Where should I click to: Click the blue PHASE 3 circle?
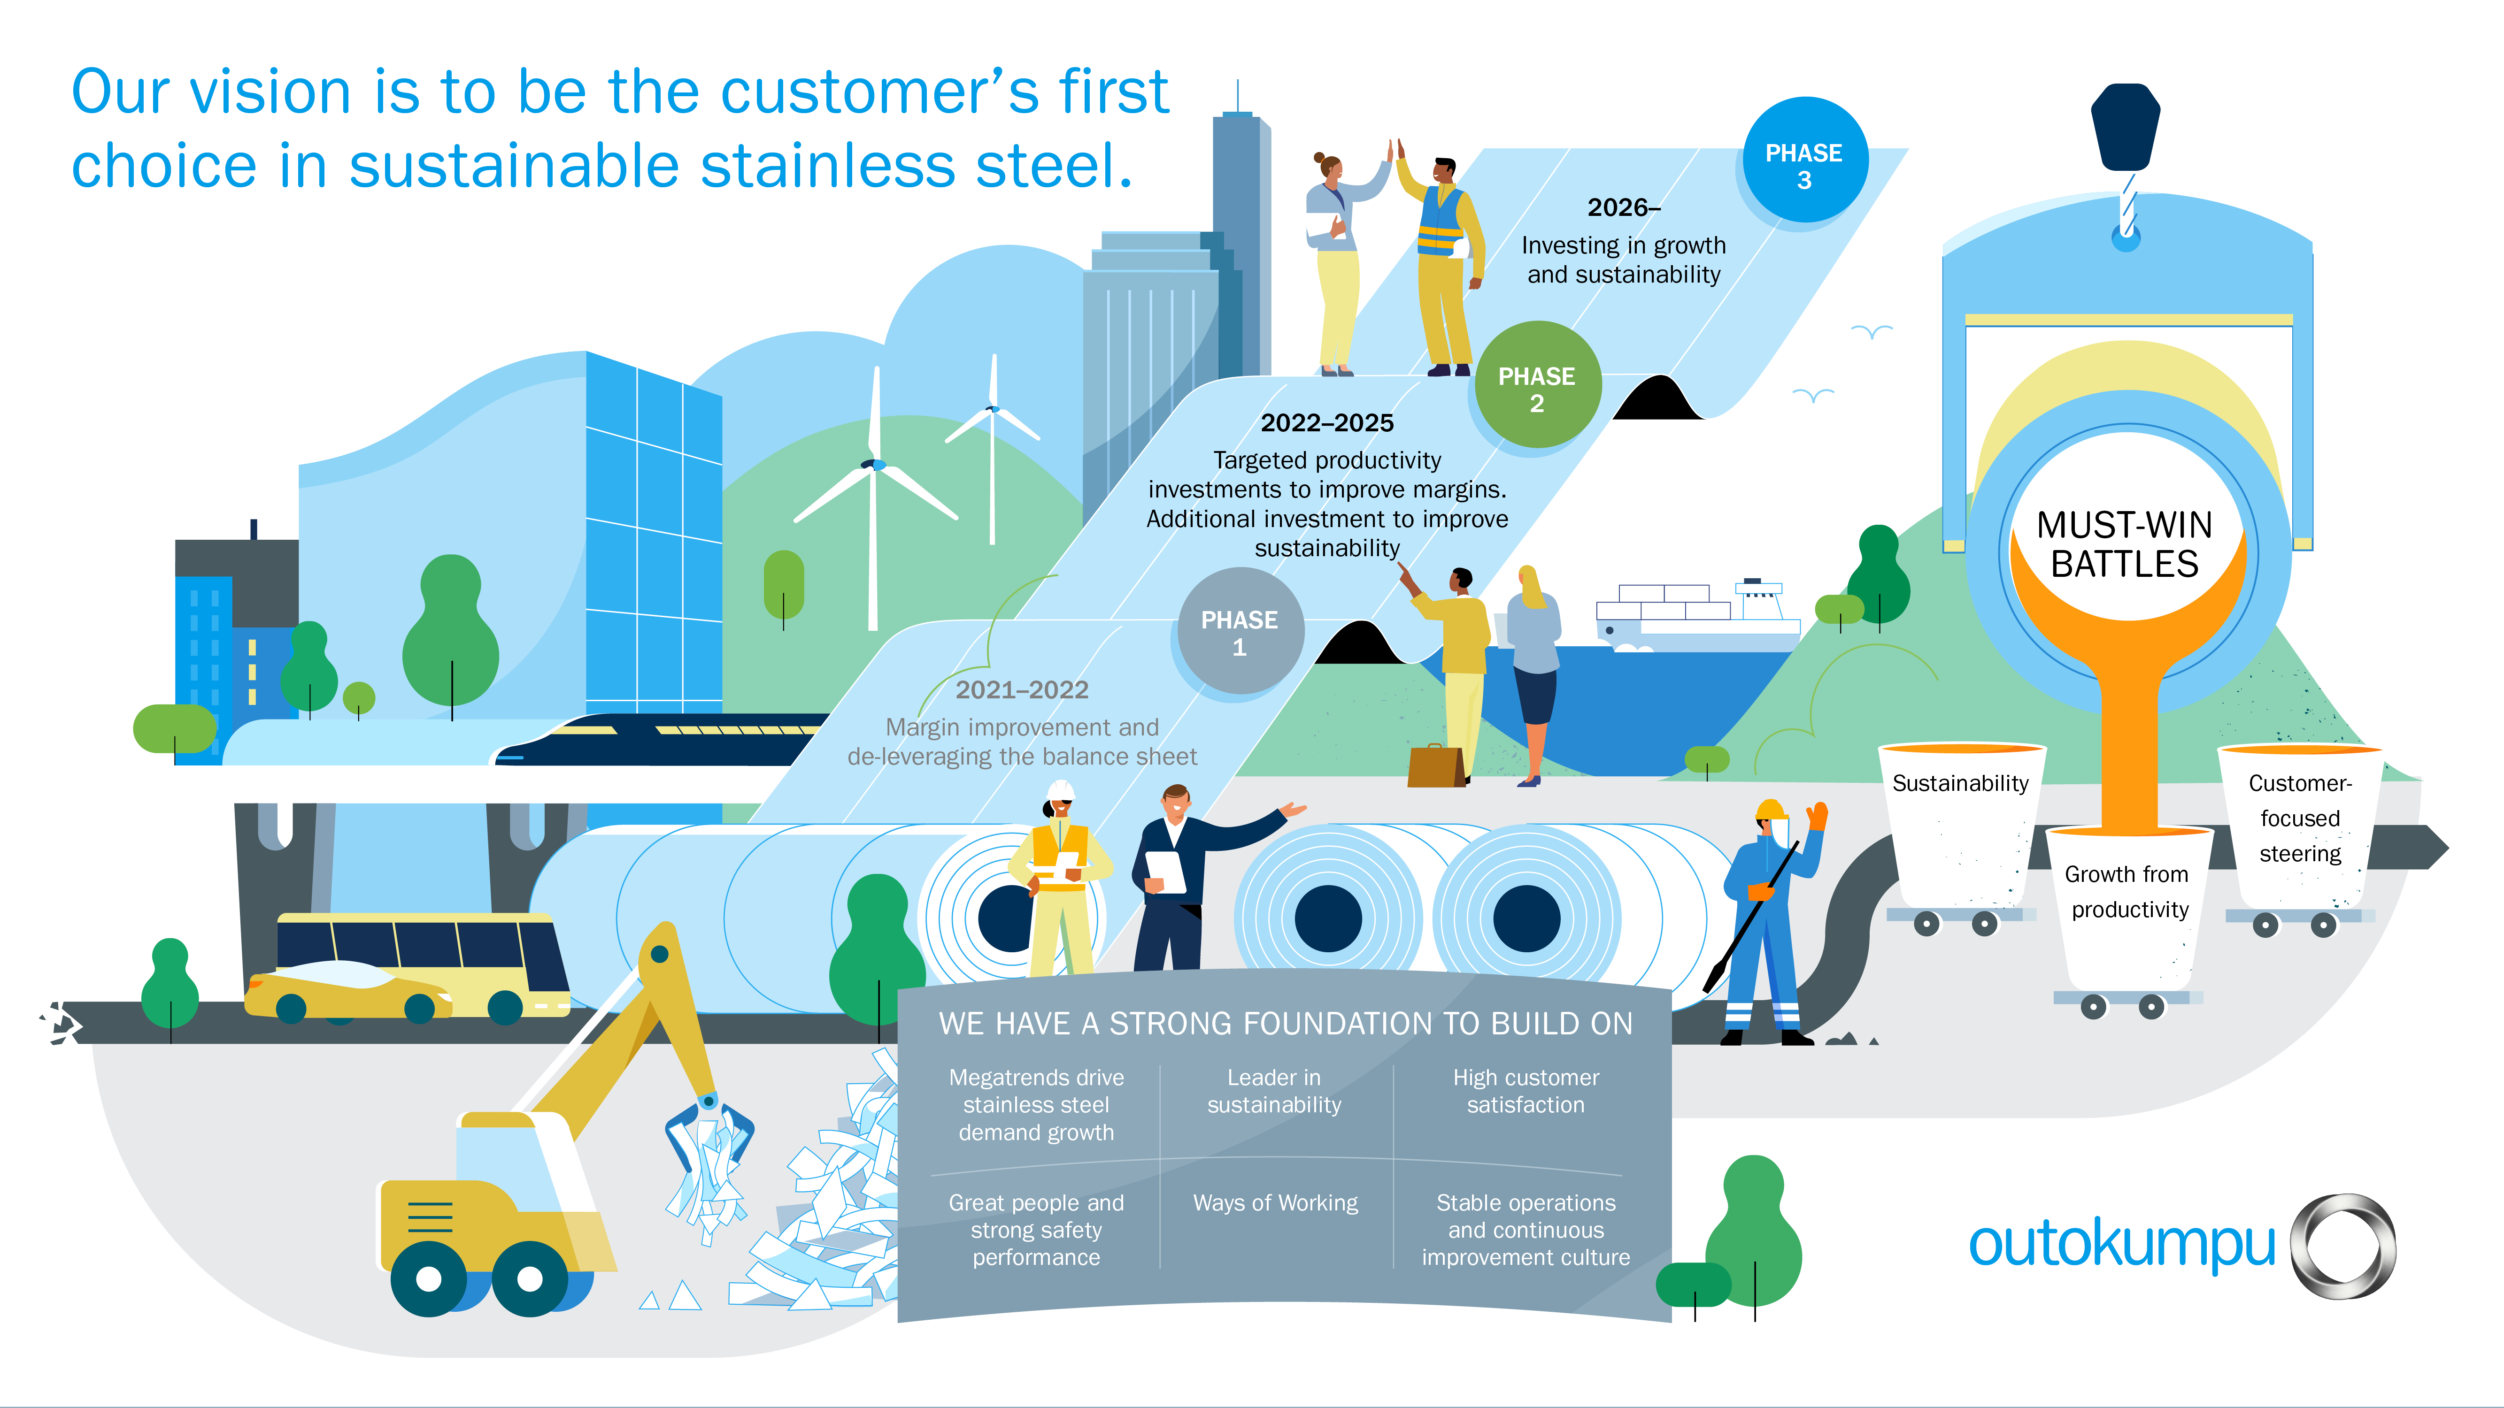click(1804, 161)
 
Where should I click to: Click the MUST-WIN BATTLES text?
click(2125, 544)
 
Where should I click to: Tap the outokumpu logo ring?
click(2342, 1246)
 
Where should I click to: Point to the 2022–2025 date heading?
click(1327, 423)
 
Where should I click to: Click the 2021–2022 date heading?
click(1022, 690)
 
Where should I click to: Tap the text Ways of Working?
click(1275, 1203)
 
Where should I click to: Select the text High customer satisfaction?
click(1526, 1091)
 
